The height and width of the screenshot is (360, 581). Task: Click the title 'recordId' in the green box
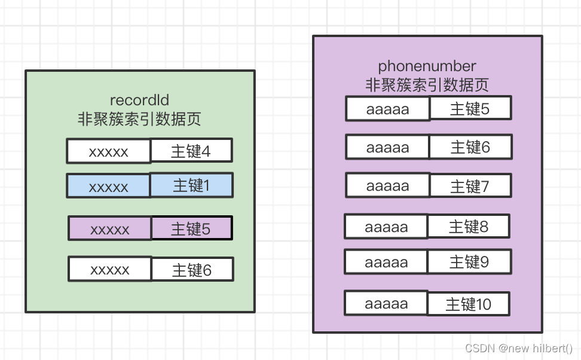[139, 100]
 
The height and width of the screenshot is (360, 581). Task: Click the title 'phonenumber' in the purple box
[427, 66]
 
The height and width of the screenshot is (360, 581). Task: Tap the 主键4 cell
[191, 151]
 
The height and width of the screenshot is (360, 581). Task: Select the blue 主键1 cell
[191, 186]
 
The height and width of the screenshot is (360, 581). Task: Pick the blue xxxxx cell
[108, 187]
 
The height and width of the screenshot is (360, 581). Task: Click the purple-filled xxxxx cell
[109, 228]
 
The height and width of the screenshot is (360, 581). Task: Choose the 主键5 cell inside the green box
[191, 228]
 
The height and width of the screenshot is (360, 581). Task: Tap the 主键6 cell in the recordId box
[191, 270]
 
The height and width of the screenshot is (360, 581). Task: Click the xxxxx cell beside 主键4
[108, 151]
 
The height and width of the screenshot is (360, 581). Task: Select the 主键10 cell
[468, 304]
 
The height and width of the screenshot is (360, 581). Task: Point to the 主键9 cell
[469, 262]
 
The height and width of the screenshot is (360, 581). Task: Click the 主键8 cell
[468, 227]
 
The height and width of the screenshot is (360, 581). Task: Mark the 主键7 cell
[470, 186]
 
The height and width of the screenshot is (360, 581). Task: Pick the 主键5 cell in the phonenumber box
[470, 109]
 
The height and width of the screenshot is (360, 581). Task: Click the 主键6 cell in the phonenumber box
[470, 147]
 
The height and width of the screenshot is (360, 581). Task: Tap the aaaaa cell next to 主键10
[386, 303]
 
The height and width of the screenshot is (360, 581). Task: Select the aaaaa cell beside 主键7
[387, 185]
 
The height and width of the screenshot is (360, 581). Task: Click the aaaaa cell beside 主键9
[386, 262]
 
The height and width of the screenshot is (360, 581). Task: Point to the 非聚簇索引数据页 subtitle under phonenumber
[427, 85]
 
